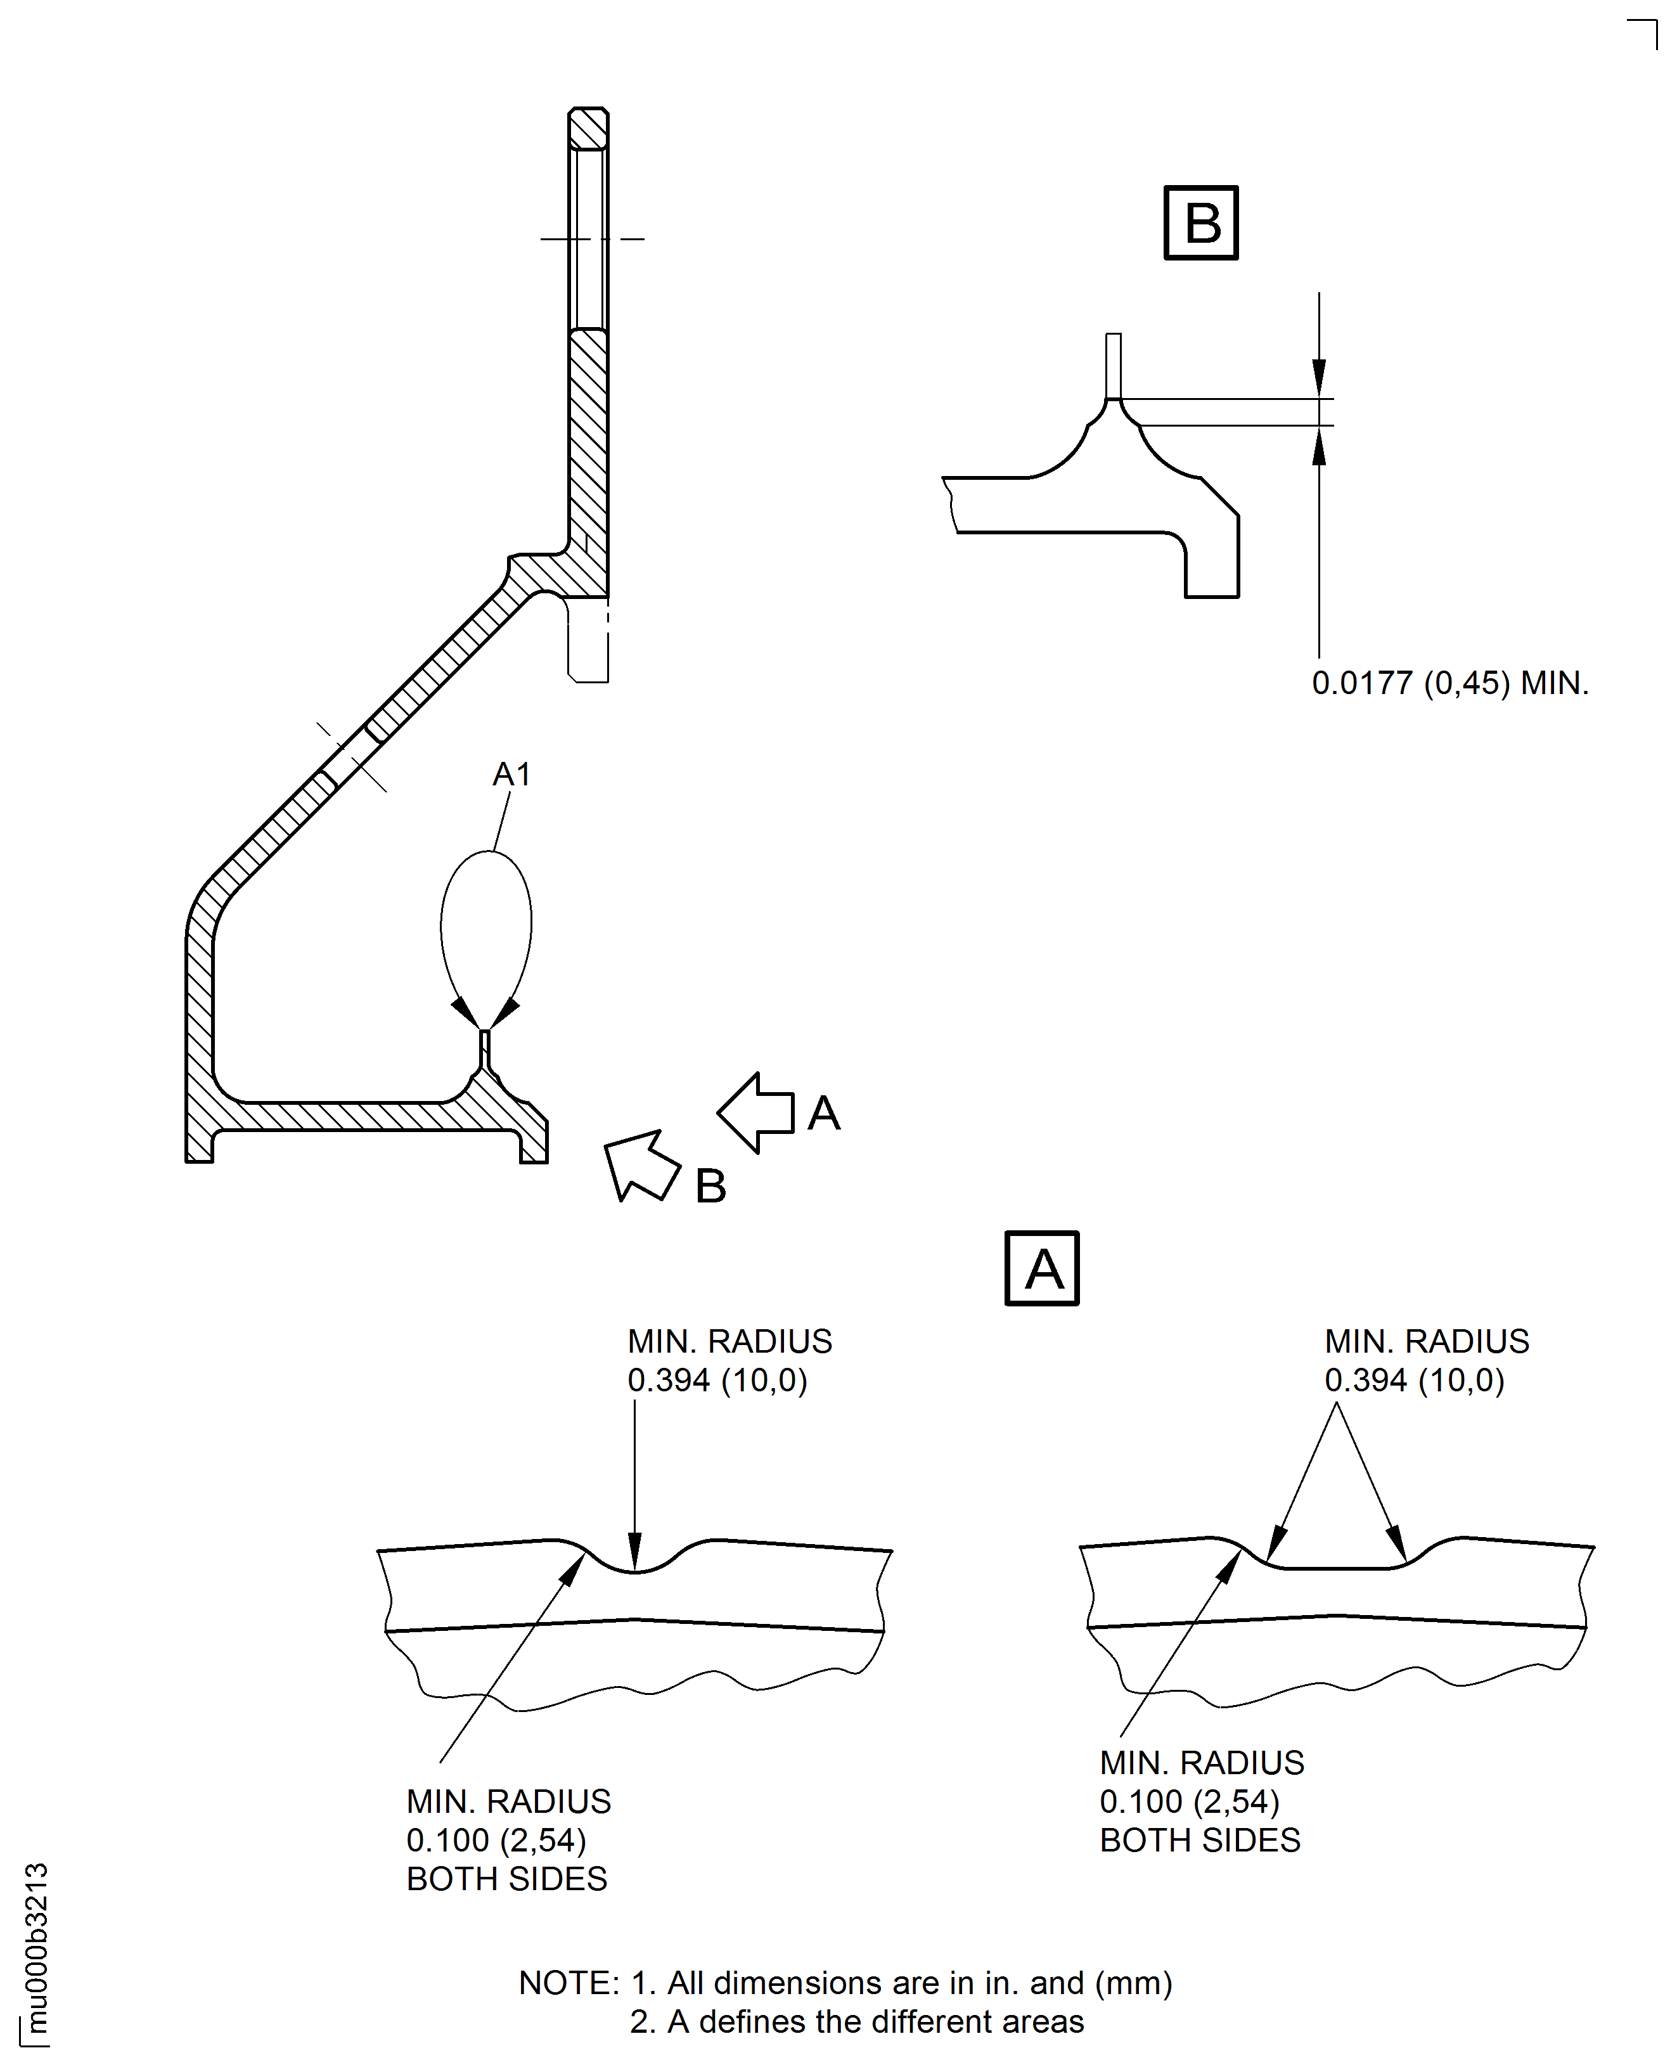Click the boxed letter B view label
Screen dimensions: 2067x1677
pyautogui.click(x=1201, y=223)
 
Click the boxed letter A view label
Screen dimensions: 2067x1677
pyautogui.click(x=1043, y=1268)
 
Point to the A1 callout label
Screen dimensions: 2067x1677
pyautogui.click(x=511, y=774)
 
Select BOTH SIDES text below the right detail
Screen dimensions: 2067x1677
pyautogui.click(x=1200, y=1840)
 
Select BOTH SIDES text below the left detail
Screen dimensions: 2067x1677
pyautogui.click(x=506, y=1879)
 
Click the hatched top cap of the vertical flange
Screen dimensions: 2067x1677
pyautogui.click(x=588, y=129)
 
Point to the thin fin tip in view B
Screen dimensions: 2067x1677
pyautogui.click(x=1113, y=365)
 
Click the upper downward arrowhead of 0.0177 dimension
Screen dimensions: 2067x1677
pyautogui.click(x=1319, y=377)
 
